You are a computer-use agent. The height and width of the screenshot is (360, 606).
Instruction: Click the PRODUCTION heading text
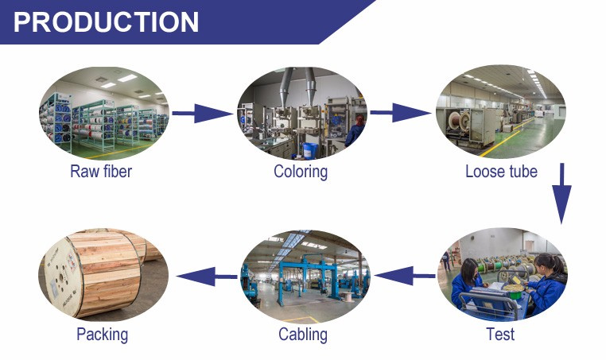[107, 21]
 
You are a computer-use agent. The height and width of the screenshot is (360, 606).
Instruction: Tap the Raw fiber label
[101, 172]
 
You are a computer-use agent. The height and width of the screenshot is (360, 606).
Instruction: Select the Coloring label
[301, 172]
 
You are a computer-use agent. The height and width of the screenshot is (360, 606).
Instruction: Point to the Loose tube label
[501, 172]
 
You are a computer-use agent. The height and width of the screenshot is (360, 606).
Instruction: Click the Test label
[500, 335]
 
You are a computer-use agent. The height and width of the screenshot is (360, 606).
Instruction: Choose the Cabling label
[303, 335]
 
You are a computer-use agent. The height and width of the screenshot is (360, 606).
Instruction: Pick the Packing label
[102, 335]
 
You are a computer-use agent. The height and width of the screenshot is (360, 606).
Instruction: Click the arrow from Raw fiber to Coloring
[203, 113]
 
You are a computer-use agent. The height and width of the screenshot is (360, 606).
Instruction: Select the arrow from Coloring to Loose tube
[401, 112]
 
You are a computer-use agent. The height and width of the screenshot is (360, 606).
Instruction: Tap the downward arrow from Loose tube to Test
[561, 193]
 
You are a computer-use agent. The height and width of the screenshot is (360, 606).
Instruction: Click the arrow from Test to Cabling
[405, 276]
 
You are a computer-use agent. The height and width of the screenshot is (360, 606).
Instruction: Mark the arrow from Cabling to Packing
[207, 277]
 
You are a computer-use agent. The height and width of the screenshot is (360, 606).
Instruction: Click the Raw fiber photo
[103, 113]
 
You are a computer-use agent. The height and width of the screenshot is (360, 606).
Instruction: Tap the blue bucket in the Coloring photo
[310, 151]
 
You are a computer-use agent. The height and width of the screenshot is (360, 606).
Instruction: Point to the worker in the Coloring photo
[355, 130]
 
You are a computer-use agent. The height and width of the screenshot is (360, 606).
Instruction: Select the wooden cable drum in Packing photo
[93, 273]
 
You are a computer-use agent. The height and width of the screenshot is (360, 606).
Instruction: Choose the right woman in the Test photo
[547, 283]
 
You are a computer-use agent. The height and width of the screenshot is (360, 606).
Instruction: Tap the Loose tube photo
[501, 111]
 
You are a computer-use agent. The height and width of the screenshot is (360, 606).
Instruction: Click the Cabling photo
[304, 277]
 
